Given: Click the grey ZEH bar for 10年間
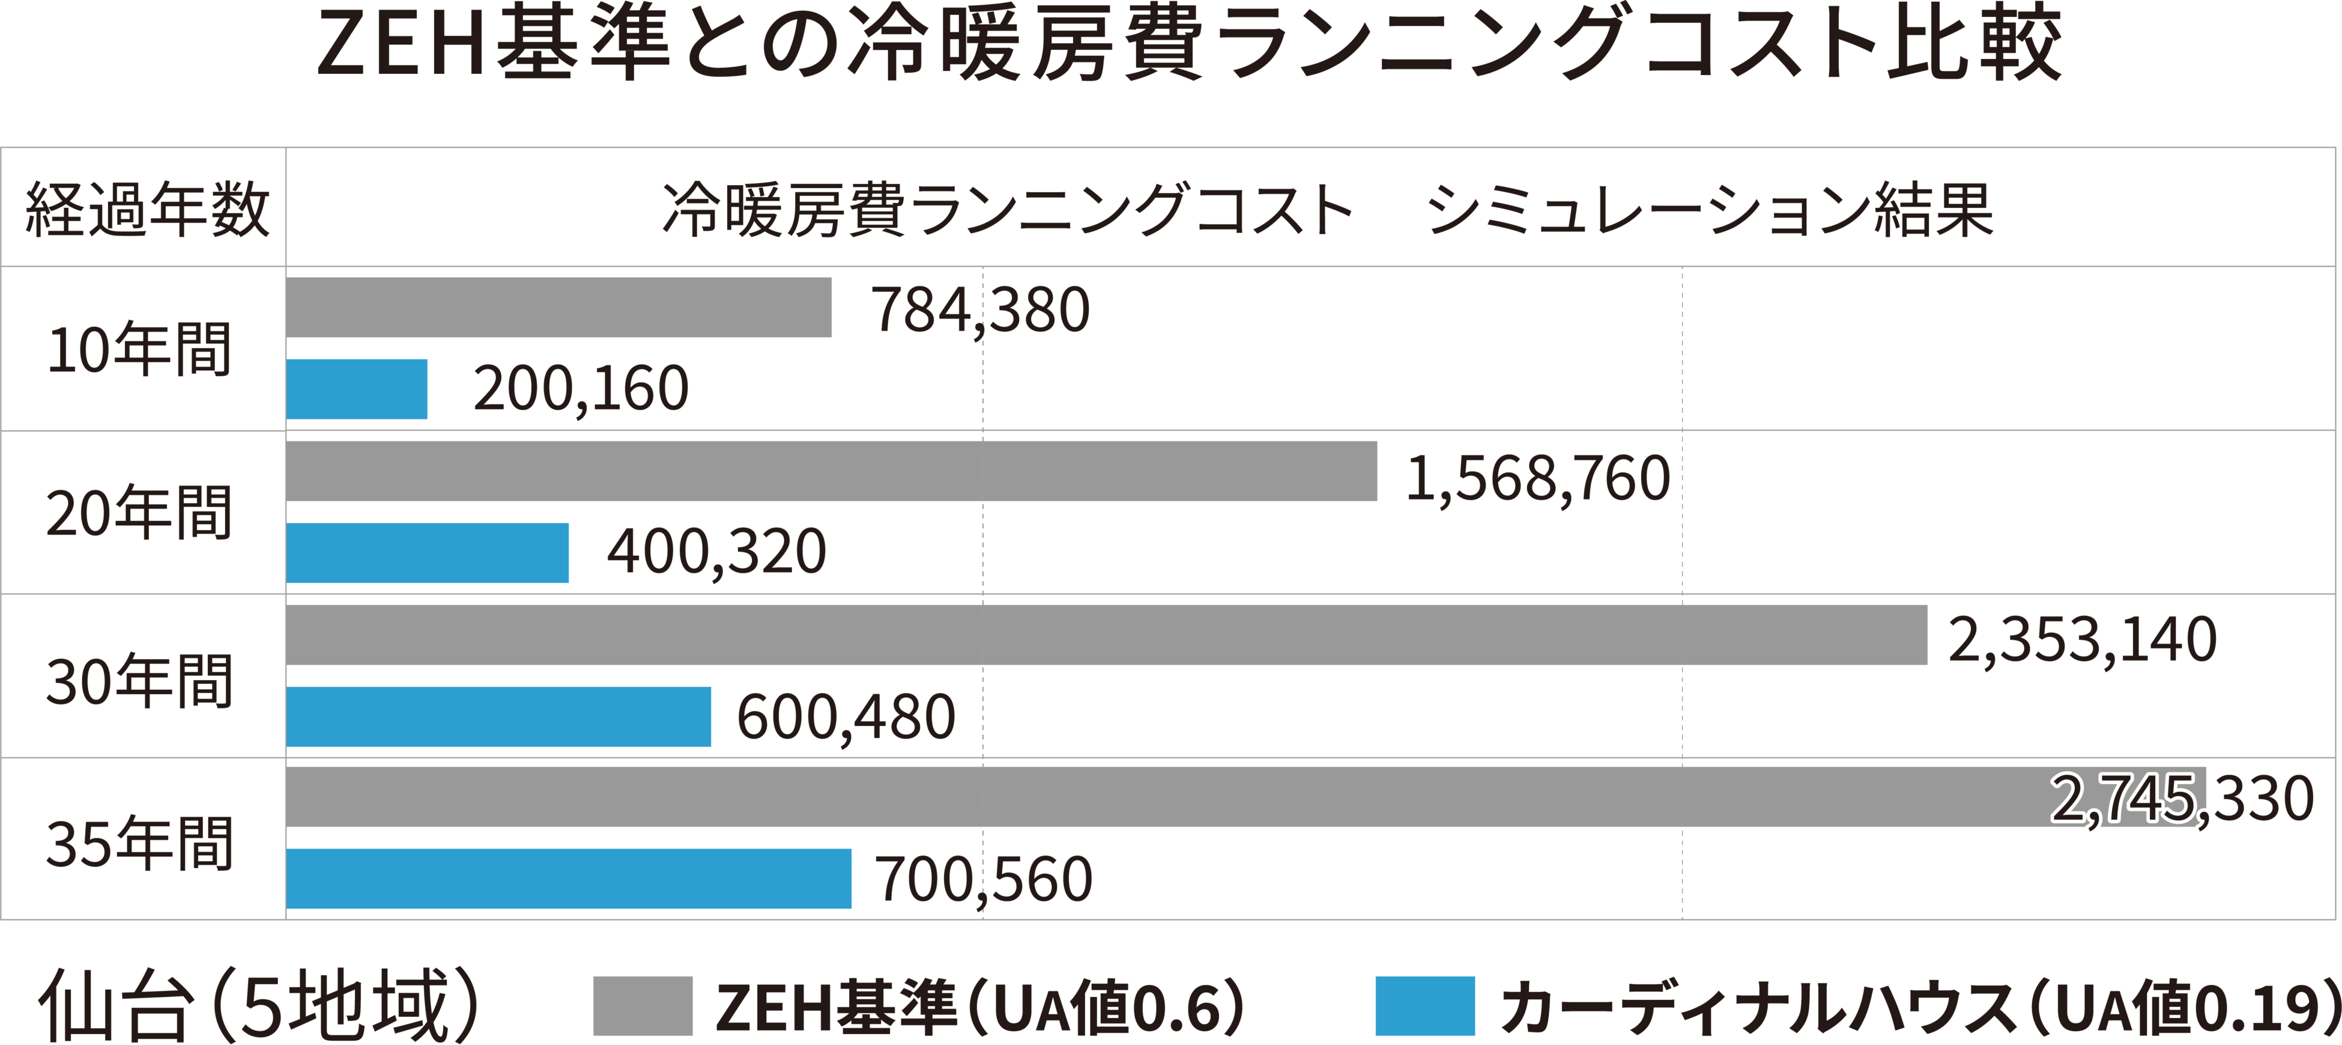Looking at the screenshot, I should point(558,308).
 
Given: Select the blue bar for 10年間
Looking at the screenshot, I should point(356,389).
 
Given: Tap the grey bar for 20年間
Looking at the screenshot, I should point(831,471).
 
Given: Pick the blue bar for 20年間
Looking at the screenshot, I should point(428,553).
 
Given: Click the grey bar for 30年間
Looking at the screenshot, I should point(1106,635).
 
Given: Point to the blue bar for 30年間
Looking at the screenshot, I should point(498,717).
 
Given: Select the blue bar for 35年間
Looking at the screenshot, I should point(568,879).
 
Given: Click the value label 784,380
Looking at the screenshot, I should point(980,310).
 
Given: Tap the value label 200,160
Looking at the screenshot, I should point(580,389).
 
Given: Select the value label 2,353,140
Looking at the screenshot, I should point(2082,640).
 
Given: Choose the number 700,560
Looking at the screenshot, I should point(984,880).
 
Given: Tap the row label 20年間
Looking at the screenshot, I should point(140,513).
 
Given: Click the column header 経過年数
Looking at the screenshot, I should point(147,209).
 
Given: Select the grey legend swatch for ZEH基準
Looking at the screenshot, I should point(642,1006).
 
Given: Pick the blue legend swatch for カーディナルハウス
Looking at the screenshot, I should point(1424,1006).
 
